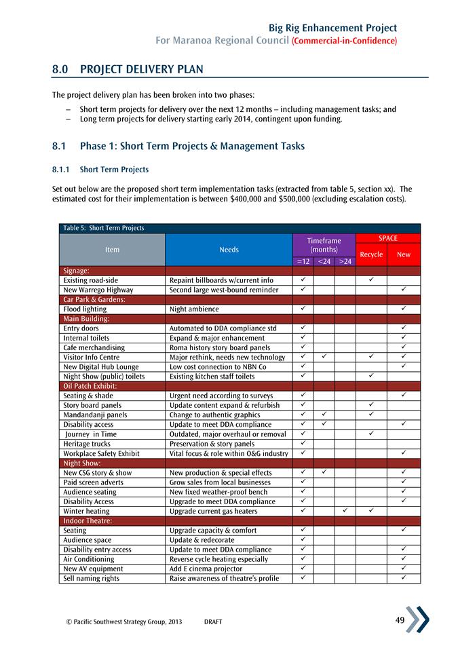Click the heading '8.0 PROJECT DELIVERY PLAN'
(128, 70)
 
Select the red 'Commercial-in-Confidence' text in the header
(344, 41)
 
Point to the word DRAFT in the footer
(212, 622)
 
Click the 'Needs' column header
(229, 250)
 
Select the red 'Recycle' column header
(371, 254)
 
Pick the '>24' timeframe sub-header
(345, 261)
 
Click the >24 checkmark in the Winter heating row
(345, 511)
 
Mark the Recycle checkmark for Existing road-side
(371, 280)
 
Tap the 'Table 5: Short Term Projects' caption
(102, 228)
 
